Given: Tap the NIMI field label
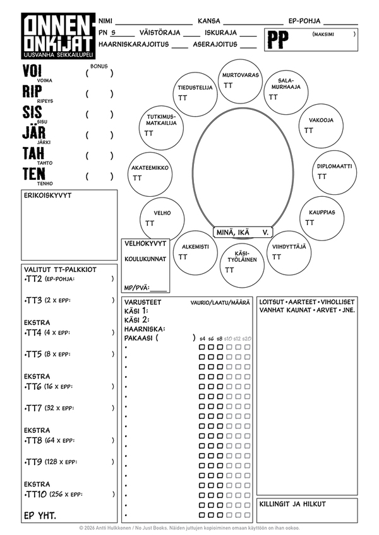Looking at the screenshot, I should pos(105,21).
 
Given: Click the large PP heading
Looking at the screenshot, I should pos(278,40).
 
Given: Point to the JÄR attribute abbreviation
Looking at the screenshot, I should pos(35,134).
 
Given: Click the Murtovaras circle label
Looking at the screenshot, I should pos(241,75).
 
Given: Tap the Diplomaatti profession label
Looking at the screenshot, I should pos(335,167).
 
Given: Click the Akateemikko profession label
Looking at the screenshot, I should pos(150,168).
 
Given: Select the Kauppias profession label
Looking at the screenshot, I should pos(322,213).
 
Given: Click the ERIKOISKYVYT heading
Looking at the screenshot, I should pos(47,196).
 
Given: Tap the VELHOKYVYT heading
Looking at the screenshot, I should pos(145,244).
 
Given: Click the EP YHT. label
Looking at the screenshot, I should pos(40,515).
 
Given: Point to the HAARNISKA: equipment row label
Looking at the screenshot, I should pos(145,329).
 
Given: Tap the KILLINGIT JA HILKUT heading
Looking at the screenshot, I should pos(292,504).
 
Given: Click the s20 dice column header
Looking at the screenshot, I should pos(247,339).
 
